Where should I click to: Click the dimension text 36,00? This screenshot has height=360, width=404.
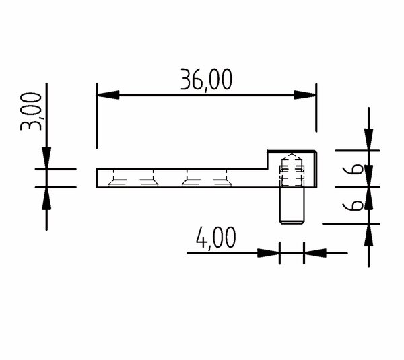[x=207, y=80]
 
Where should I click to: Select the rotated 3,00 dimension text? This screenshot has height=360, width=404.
[x=31, y=111]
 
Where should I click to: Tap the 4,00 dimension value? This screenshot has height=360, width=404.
[x=215, y=238]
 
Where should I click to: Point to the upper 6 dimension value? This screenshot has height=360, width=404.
[x=353, y=169]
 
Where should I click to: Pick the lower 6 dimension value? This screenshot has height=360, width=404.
[x=353, y=205]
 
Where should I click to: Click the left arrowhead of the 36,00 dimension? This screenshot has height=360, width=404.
[x=108, y=95]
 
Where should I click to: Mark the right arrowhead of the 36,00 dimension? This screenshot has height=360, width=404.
[x=305, y=95]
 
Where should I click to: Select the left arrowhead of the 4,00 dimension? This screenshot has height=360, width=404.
[x=269, y=253]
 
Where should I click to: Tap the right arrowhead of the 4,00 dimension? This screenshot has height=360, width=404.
[x=315, y=253]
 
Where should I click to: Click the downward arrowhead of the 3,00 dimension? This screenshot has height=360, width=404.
[x=46, y=158]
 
